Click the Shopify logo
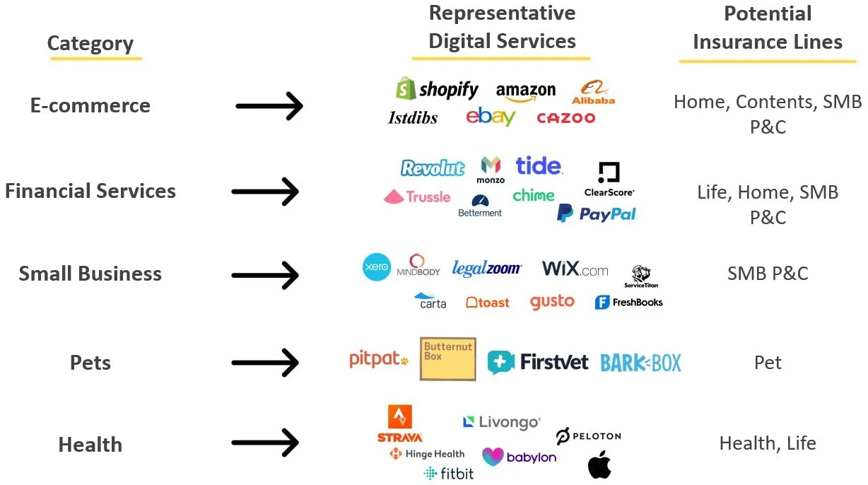(x=437, y=89)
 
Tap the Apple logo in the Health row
(x=599, y=464)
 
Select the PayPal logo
(x=597, y=214)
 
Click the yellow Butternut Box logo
(x=447, y=359)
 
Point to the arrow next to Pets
(x=265, y=363)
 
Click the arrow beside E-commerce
(x=269, y=107)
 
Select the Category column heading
(x=90, y=44)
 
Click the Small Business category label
(x=90, y=274)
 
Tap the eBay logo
(x=491, y=117)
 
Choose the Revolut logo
(x=433, y=168)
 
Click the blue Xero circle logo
(x=377, y=267)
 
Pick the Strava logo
(x=400, y=423)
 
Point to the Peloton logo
(x=588, y=436)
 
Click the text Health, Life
(x=768, y=443)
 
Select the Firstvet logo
(x=538, y=362)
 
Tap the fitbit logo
(x=449, y=474)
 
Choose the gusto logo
(x=552, y=302)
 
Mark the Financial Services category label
(x=90, y=191)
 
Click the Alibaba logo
(x=593, y=93)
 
